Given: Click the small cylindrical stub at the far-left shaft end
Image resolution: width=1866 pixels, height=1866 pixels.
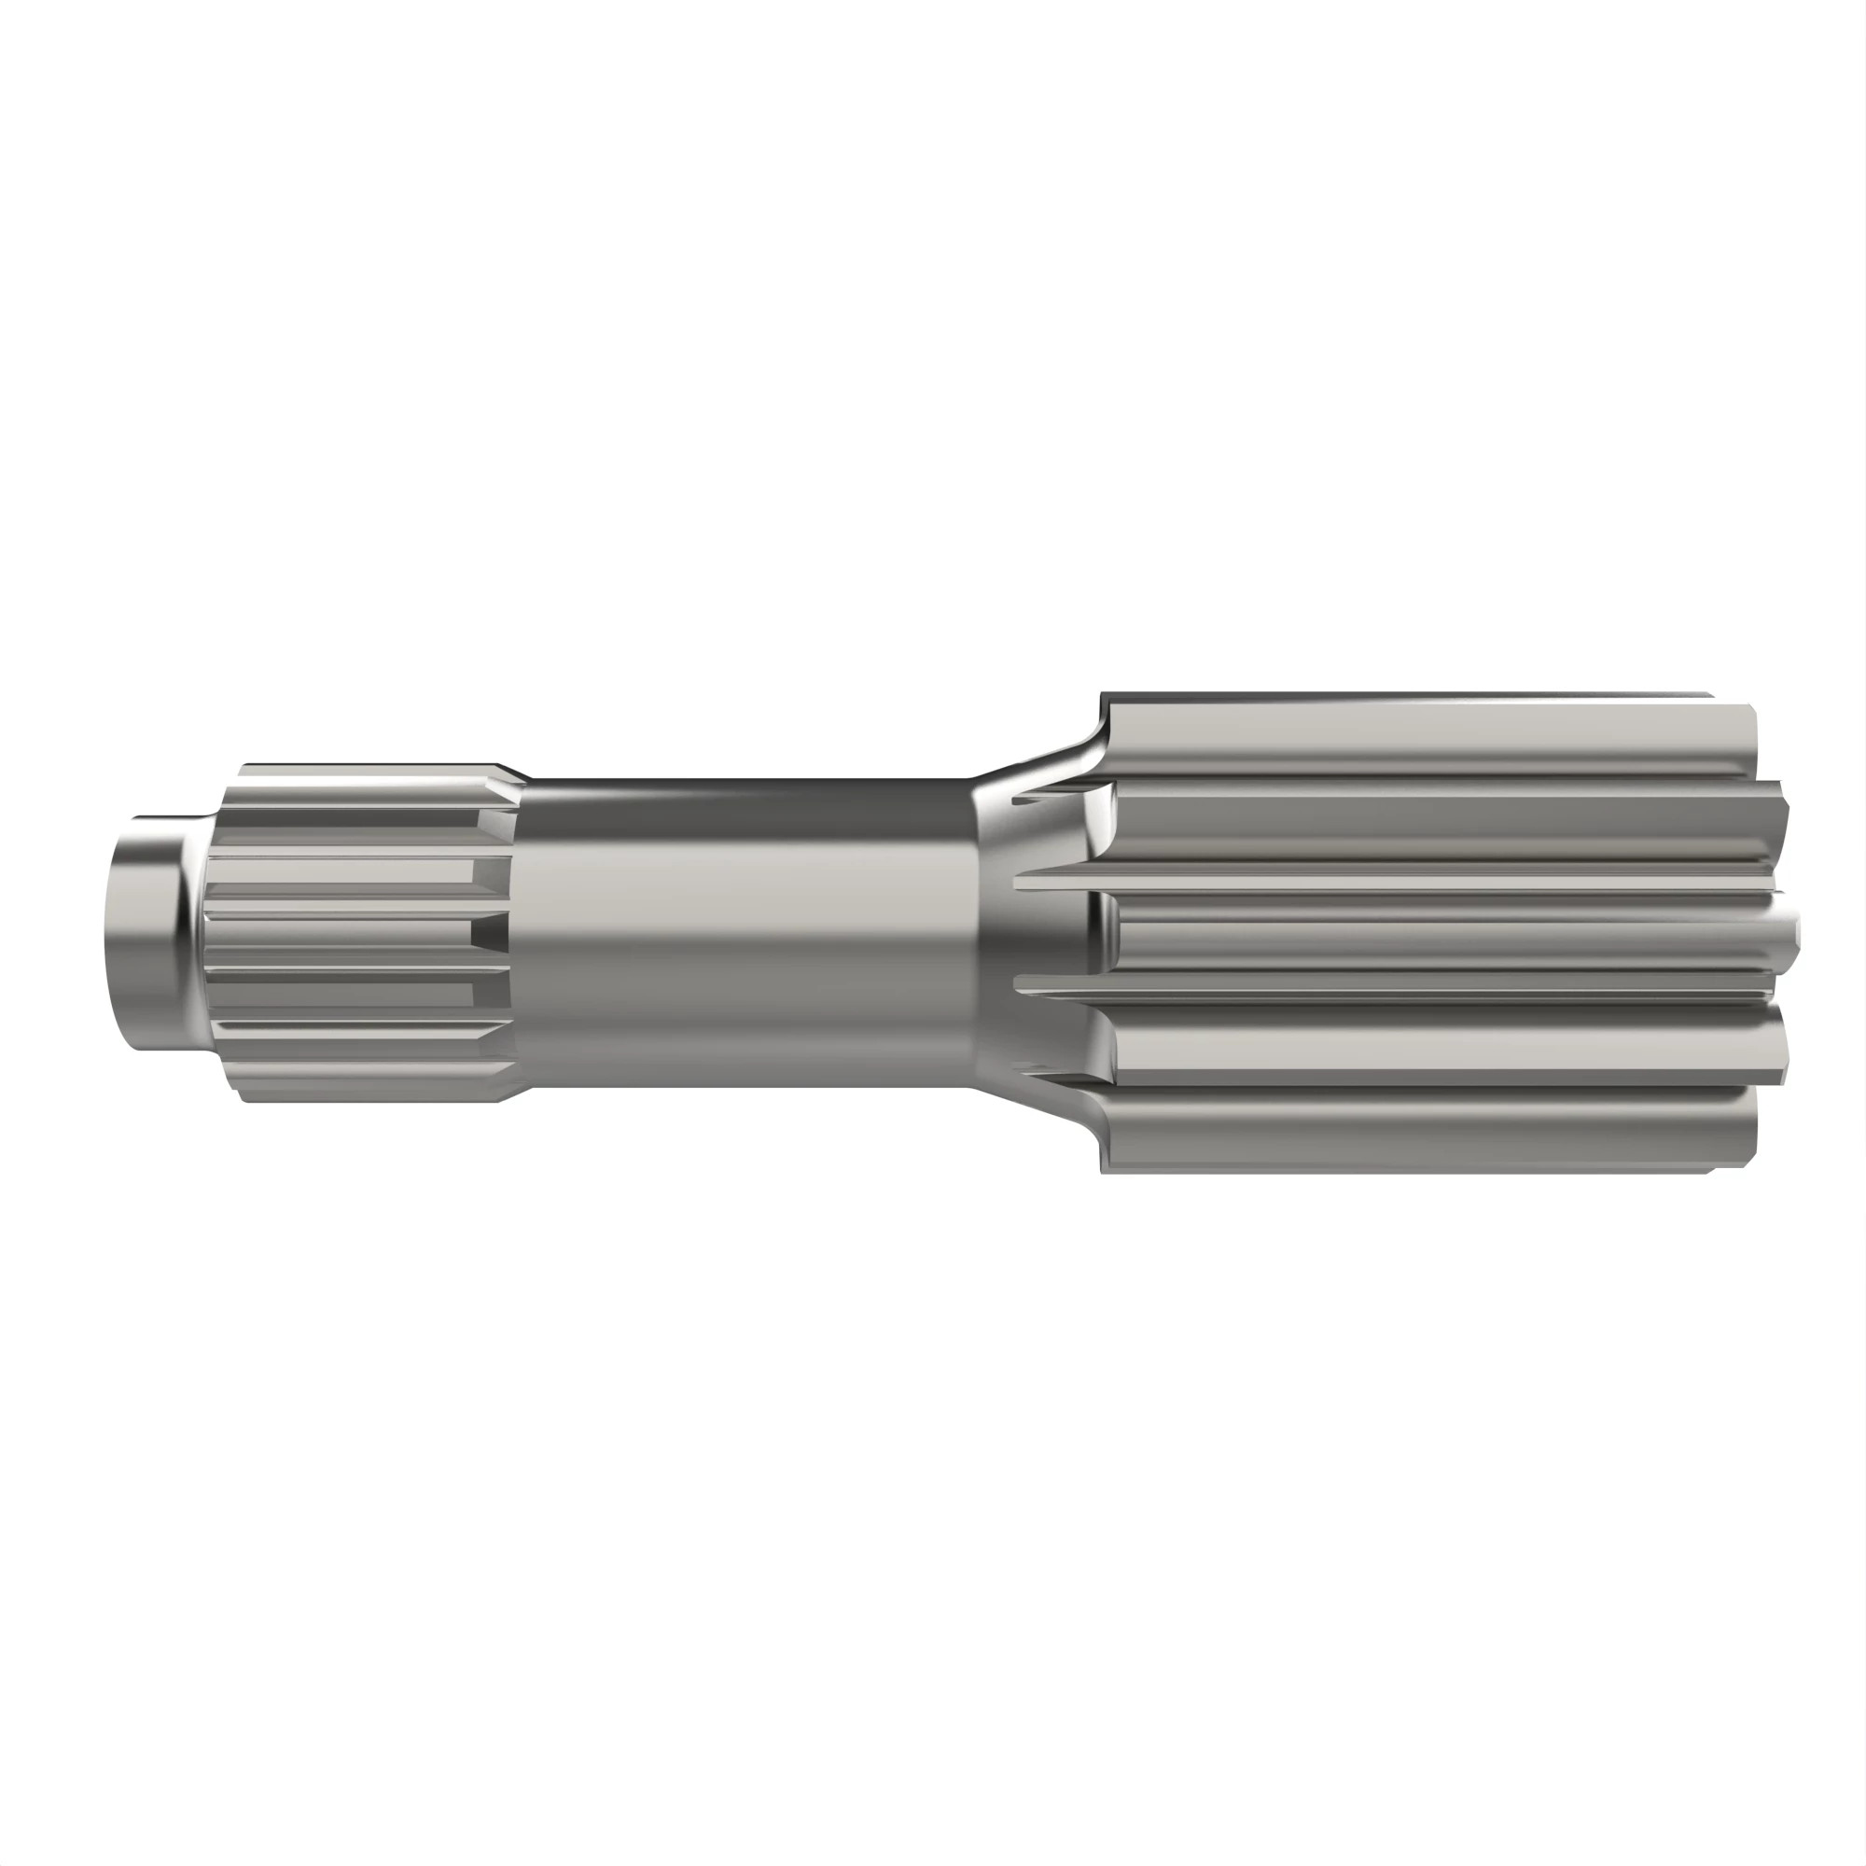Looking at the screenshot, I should pos(145,934).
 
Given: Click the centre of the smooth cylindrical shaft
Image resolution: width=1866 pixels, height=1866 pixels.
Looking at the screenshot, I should pos(744,932).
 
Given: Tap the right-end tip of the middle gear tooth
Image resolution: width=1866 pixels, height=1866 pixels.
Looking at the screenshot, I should pos(1794,930).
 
